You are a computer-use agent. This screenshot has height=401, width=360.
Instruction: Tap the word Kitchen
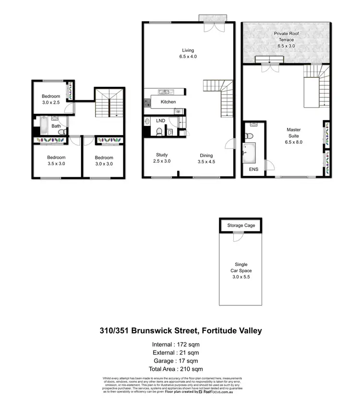(x=168, y=102)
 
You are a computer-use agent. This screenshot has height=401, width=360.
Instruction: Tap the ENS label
(x=253, y=170)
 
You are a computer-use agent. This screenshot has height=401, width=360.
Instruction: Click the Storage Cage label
(x=241, y=225)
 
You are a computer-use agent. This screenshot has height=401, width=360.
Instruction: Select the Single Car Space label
(x=241, y=271)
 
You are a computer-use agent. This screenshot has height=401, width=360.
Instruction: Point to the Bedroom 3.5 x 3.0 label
(x=56, y=160)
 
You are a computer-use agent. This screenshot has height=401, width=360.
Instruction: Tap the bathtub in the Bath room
(x=43, y=125)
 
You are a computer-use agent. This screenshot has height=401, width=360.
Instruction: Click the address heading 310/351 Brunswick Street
(x=180, y=331)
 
